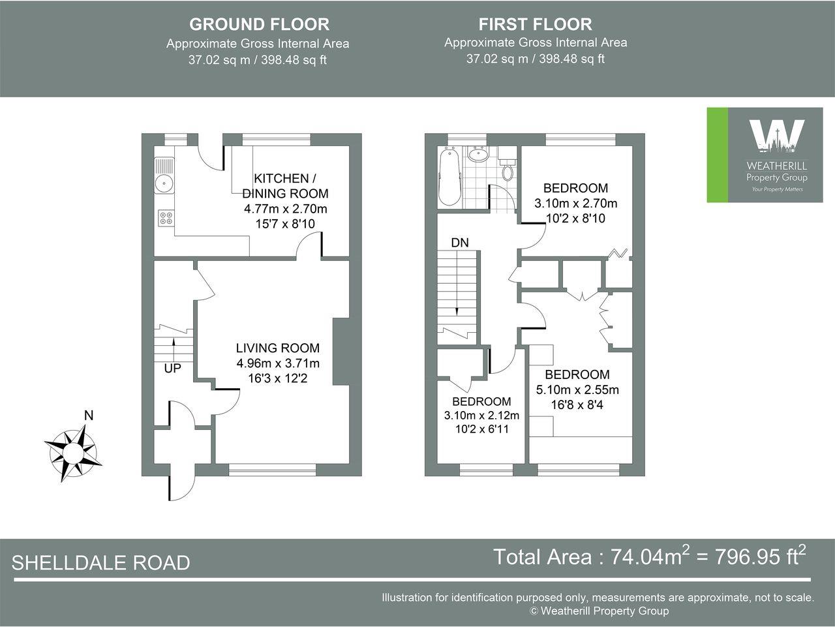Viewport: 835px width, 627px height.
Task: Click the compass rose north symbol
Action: (x=72, y=450)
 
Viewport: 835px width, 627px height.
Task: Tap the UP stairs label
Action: (x=172, y=369)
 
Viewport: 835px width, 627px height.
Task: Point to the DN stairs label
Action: (x=460, y=242)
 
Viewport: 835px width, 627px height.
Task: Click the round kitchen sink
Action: (x=163, y=183)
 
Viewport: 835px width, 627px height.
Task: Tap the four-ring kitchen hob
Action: (x=166, y=218)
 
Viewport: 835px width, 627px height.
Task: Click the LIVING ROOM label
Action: (x=278, y=348)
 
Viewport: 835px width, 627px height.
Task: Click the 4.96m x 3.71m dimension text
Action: (x=278, y=363)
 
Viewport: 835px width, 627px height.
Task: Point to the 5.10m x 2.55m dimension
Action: (x=577, y=390)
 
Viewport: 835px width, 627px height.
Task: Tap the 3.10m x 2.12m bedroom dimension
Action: (x=481, y=416)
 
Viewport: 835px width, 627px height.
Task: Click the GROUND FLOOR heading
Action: (x=259, y=24)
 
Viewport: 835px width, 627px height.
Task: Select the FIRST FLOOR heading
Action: (x=535, y=24)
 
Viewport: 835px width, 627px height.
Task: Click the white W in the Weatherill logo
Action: (x=776, y=135)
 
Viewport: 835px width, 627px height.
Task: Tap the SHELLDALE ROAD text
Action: (x=101, y=562)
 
